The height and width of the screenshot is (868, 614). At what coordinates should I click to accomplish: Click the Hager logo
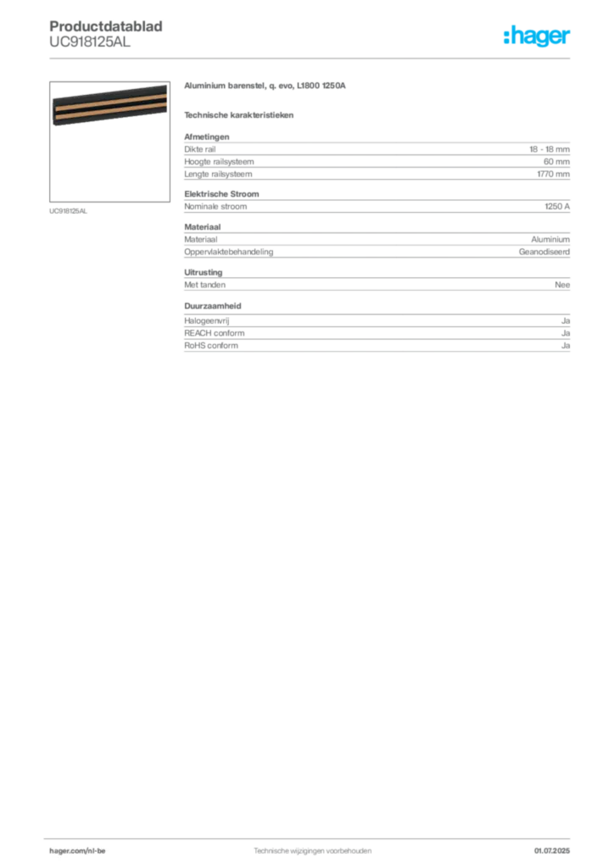pyautogui.click(x=536, y=36)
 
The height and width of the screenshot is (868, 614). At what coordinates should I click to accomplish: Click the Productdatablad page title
pyautogui.click(x=106, y=26)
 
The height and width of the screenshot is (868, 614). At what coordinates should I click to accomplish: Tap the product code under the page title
pyautogui.click(x=90, y=42)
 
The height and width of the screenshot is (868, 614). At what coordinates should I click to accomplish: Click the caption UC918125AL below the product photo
pyautogui.click(x=68, y=211)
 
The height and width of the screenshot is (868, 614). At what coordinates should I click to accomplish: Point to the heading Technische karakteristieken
pyautogui.click(x=238, y=115)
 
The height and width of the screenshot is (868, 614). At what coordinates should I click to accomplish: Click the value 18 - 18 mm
pyautogui.click(x=550, y=149)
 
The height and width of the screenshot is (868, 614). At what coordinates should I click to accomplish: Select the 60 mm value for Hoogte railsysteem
pyautogui.click(x=556, y=162)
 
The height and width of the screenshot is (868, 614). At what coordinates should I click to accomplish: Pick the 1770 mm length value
pyautogui.click(x=553, y=174)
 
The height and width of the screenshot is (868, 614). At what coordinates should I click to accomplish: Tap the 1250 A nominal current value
pyautogui.click(x=557, y=207)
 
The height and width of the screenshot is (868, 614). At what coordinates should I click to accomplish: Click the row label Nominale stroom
pyautogui.click(x=215, y=207)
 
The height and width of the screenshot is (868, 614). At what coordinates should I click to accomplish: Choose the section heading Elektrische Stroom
pyautogui.click(x=221, y=194)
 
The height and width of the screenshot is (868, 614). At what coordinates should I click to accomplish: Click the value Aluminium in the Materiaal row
pyautogui.click(x=550, y=240)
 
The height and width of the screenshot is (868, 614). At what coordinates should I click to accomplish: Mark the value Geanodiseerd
pyautogui.click(x=544, y=252)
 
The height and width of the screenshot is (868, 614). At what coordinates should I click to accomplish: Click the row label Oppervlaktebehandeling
pyautogui.click(x=229, y=252)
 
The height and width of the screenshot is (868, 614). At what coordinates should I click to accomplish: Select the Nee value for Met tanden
pyautogui.click(x=562, y=285)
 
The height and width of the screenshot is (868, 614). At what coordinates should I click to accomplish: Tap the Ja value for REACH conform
pyautogui.click(x=566, y=333)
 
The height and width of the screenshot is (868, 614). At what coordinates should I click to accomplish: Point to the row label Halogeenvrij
pyautogui.click(x=207, y=321)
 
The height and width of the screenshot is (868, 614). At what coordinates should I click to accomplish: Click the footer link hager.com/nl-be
pyautogui.click(x=77, y=851)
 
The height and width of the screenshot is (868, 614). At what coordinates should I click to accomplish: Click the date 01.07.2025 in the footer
pyautogui.click(x=552, y=851)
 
